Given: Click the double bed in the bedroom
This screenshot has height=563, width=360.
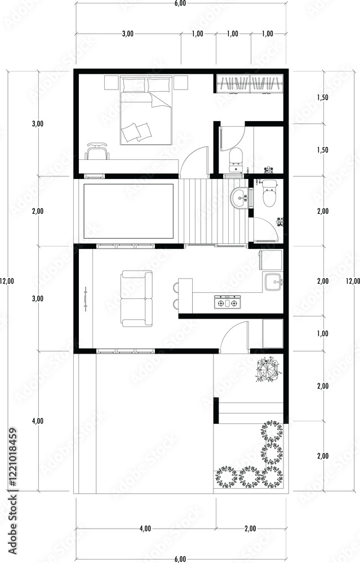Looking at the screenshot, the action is coord(145,110).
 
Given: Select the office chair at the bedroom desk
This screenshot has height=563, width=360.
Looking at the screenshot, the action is coord(97,151).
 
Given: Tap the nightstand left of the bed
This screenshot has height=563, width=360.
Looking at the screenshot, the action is coord(112,83).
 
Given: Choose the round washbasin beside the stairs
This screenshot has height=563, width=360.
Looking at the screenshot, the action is coord(239,198).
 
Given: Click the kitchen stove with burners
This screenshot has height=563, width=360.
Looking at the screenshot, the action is coord(227,303).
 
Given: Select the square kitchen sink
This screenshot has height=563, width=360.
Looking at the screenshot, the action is coord(273,281).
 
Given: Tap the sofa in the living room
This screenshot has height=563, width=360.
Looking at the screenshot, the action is coord(136,299).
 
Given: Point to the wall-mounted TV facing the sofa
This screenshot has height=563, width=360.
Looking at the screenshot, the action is coord(86,299).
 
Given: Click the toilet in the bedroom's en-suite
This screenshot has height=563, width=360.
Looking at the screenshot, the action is coord(235,159).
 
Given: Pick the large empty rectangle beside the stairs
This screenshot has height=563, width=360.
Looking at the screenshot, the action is coord(128,211).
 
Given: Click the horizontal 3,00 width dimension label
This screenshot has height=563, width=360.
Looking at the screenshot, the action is coord(128,34).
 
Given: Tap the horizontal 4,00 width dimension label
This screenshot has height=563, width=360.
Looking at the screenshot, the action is coord(145,529).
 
